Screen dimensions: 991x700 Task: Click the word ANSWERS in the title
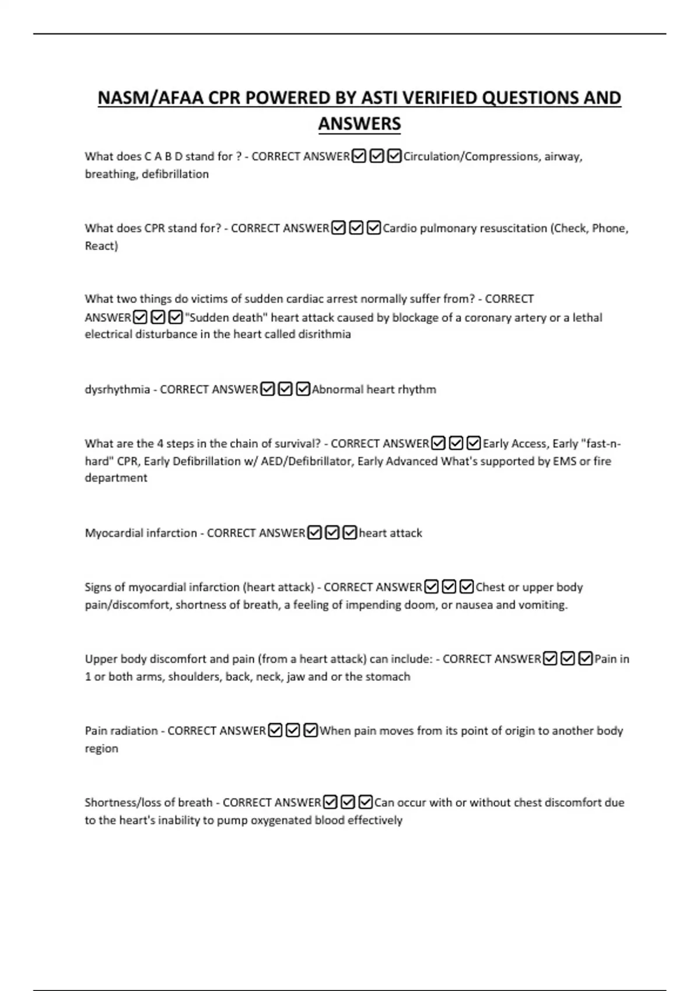(x=359, y=124)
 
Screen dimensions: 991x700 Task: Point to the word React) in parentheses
(x=101, y=245)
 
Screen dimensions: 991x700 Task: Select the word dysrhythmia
(x=117, y=389)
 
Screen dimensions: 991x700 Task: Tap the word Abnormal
(x=337, y=389)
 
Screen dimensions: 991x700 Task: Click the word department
(x=116, y=477)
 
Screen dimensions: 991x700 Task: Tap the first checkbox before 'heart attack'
(x=314, y=533)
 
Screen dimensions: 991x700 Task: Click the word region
(x=101, y=748)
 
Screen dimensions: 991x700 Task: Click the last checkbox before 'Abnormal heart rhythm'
(x=303, y=389)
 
